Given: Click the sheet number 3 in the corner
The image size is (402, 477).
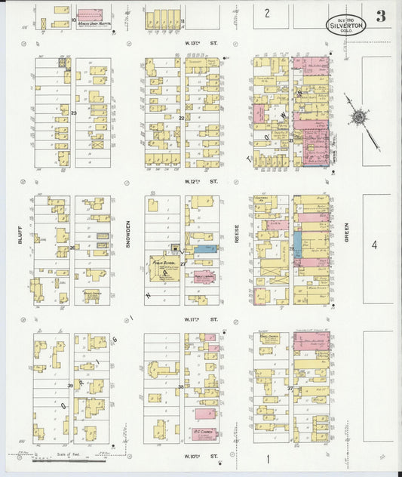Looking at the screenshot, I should point(382,17).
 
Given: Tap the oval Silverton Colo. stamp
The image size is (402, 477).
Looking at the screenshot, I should point(345,23).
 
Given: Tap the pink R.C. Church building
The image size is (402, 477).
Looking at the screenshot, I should point(205,435).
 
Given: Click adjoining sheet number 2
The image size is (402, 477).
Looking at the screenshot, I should point(266,13).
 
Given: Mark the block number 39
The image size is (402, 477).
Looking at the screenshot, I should point(70,386).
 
